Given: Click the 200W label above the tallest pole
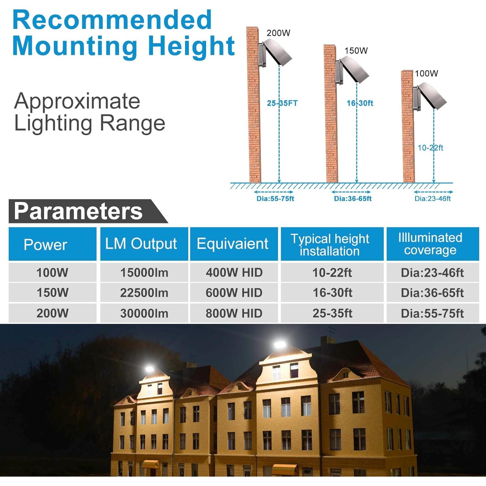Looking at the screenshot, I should coord(278,33).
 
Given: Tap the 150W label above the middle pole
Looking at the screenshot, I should coord(356,51).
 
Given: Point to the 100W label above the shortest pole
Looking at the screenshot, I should coord(426,74).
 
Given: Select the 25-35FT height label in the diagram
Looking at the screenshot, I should coord(282,103).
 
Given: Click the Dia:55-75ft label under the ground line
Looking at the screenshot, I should coord(275,199).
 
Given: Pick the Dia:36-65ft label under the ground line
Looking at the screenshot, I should coord(353,199).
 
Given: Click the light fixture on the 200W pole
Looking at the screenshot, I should coord(275,52).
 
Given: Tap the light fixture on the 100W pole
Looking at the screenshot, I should coord(430,95).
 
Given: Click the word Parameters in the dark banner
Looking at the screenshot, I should coord(78,211).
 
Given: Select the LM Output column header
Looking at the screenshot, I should coord(141,244).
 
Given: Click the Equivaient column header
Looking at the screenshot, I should coord(233,244).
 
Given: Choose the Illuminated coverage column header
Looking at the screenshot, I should coord(430,244).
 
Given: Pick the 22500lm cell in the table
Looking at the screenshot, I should coord(144,293).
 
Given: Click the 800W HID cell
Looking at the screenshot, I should coord(234,313).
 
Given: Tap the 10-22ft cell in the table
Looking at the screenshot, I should coord(332,272).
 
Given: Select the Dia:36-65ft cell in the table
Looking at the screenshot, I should coord(432,293).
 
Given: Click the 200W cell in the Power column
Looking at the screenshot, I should coord(52,313).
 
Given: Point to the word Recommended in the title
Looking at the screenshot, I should coord(112,20).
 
